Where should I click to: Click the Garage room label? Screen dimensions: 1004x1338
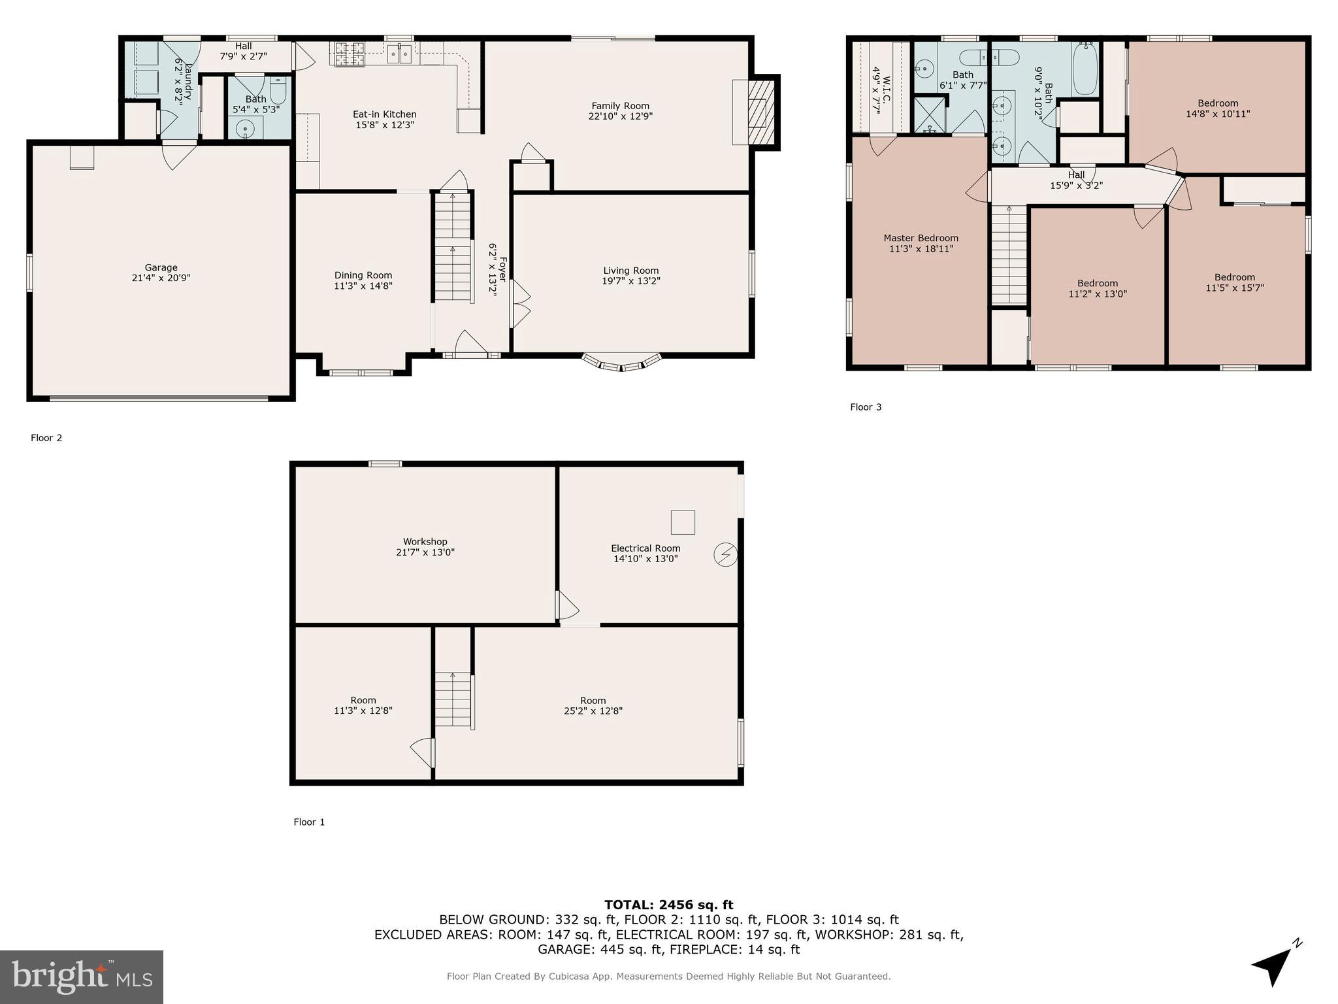pos(161,267)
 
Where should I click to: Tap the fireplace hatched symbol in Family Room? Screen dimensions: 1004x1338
pos(760,112)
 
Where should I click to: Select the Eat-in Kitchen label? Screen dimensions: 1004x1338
pos(384,114)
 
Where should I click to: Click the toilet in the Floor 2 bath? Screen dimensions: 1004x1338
pos(278,89)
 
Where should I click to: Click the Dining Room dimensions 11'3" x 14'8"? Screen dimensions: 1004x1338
pos(363,286)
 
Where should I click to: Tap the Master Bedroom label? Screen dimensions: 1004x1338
pos(921,239)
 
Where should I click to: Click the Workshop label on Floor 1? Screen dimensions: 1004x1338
pos(425,541)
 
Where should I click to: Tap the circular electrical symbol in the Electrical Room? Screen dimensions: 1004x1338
pos(725,555)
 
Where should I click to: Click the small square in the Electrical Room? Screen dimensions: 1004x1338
pos(682,522)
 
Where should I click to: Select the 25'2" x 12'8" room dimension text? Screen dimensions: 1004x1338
pos(593,711)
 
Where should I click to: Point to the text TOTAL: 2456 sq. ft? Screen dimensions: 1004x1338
pos(668,905)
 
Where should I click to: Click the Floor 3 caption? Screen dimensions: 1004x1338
pos(865,407)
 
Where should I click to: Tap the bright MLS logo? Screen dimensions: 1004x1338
pos(82,977)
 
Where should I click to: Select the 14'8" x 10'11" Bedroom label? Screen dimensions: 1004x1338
pos(1217,114)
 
